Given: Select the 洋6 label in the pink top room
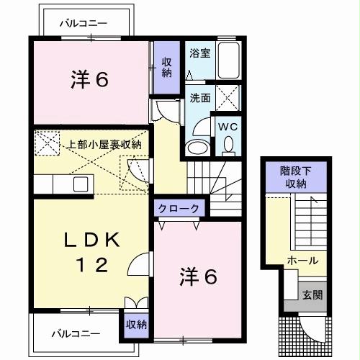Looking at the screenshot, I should pos(89,79).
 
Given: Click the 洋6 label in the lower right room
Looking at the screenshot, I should pos(198,276).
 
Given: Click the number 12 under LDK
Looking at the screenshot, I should pos(88,266).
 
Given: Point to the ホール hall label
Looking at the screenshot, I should pos(301,260).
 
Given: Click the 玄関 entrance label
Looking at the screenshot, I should pos(312,294).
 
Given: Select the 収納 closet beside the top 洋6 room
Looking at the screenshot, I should pos(166,66).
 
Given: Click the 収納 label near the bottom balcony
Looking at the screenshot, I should pos(135,324).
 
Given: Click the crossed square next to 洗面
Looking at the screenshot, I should pos(228,96).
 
